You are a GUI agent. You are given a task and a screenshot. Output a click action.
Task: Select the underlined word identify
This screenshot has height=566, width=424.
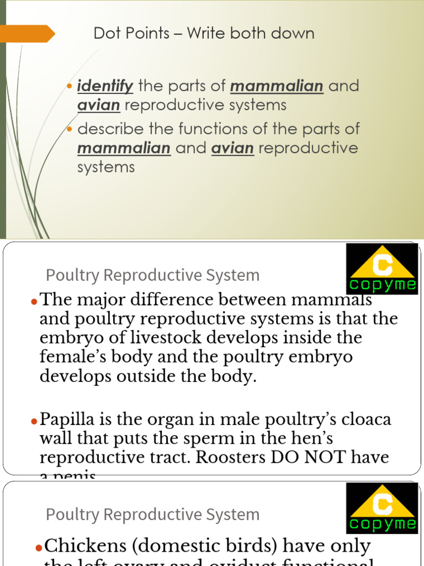tap(105, 86)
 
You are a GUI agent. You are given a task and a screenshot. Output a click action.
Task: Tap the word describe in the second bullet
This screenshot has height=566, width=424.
tap(111, 129)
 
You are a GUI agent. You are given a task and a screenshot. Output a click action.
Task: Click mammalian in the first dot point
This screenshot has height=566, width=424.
tap(277, 86)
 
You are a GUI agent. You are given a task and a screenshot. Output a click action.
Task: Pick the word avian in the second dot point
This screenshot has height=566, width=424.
tap(232, 148)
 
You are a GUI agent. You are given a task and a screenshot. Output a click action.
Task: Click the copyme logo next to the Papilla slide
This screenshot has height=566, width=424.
tap(381, 269)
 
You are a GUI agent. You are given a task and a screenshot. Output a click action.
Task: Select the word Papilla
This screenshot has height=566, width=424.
tap(69, 420)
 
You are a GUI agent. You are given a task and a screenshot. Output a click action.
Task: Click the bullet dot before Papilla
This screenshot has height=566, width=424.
tap(34, 421)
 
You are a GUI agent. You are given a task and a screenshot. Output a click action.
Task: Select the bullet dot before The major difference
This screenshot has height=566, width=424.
tap(34, 301)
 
